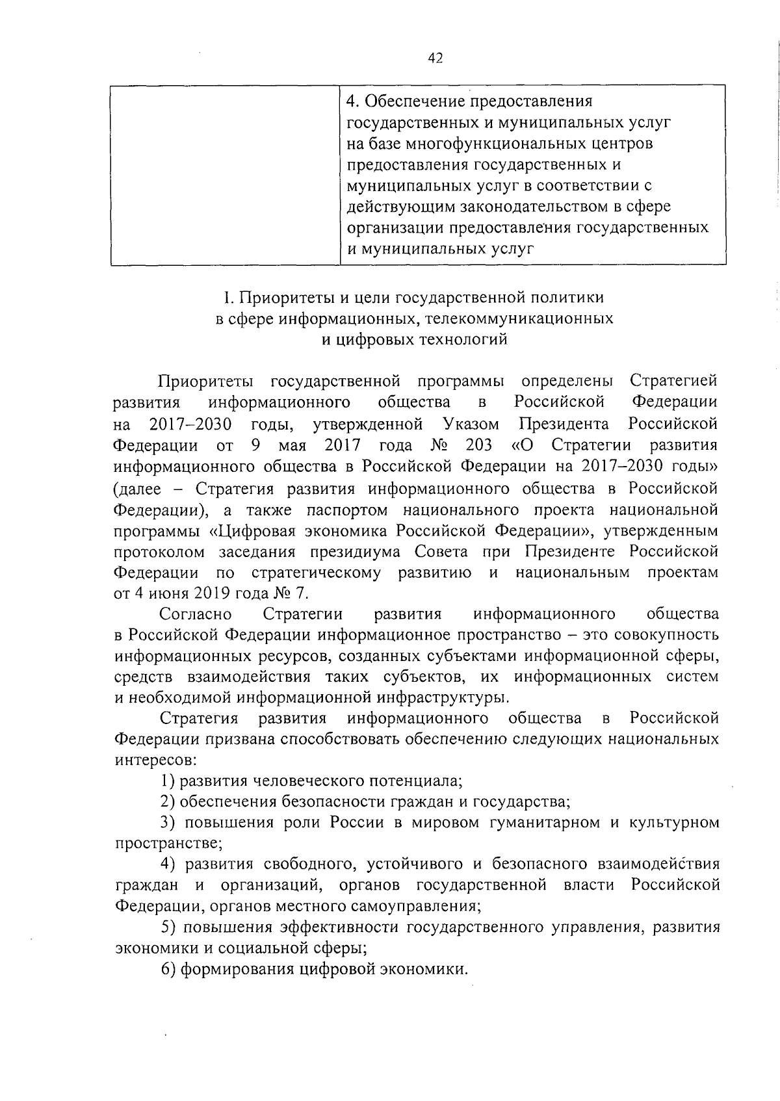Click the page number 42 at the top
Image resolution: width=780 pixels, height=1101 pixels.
tap(435, 58)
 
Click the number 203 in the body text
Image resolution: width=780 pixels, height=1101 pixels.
tap(478, 445)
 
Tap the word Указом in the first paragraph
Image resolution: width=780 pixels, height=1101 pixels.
tap(471, 424)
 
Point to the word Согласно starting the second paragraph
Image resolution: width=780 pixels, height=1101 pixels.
tap(196, 614)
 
